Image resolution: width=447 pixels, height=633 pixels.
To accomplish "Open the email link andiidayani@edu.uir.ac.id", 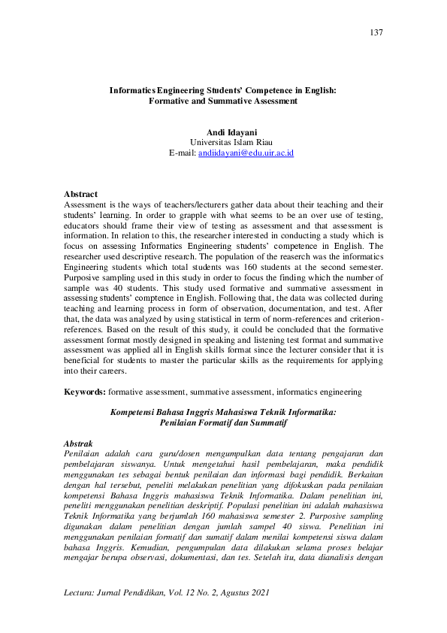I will click(246, 153).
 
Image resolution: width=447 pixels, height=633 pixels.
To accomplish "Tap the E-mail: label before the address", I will click(183, 153).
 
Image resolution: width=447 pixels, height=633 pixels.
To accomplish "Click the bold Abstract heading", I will click(80, 194).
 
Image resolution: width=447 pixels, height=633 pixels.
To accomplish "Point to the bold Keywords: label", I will click(85, 392).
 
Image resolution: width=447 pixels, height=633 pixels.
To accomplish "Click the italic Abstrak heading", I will click(79, 444).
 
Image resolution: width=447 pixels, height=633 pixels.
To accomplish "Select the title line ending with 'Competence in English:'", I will click(223, 89).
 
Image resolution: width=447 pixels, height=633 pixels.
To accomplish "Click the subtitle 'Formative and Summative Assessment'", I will click(223, 100).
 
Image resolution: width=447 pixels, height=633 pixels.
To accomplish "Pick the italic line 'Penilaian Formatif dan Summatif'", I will click(223, 423).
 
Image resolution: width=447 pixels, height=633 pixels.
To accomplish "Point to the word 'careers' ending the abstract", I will click(121, 371).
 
